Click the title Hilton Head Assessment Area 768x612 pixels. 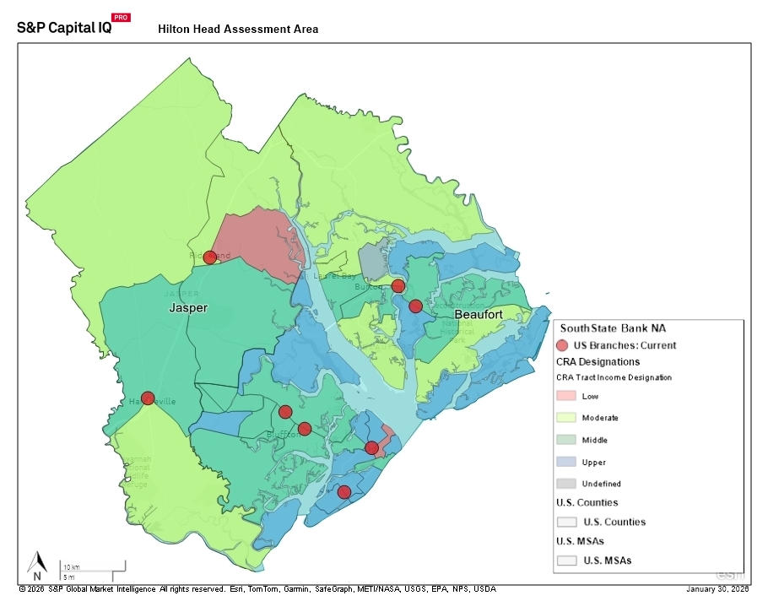(x=238, y=29)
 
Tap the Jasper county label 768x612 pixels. (x=188, y=308)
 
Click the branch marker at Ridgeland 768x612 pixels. (x=210, y=257)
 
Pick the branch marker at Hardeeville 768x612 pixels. (x=148, y=398)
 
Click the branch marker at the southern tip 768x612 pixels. (x=343, y=492)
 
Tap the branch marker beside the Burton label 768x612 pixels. (x=398, y=286)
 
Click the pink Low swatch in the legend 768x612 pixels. (x=567, y=396)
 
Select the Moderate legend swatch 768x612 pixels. (x=567, y=418)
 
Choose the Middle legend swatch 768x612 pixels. (x=567, y=440)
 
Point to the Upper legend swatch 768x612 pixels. (x=567, y=462)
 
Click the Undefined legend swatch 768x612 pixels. (x=567, y=484)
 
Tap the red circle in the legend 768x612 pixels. (x=564, y=345)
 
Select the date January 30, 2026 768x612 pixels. (x=717, y=589)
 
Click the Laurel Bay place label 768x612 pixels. (x=335, y=275)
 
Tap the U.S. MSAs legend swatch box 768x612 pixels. (x=567, y=560)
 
